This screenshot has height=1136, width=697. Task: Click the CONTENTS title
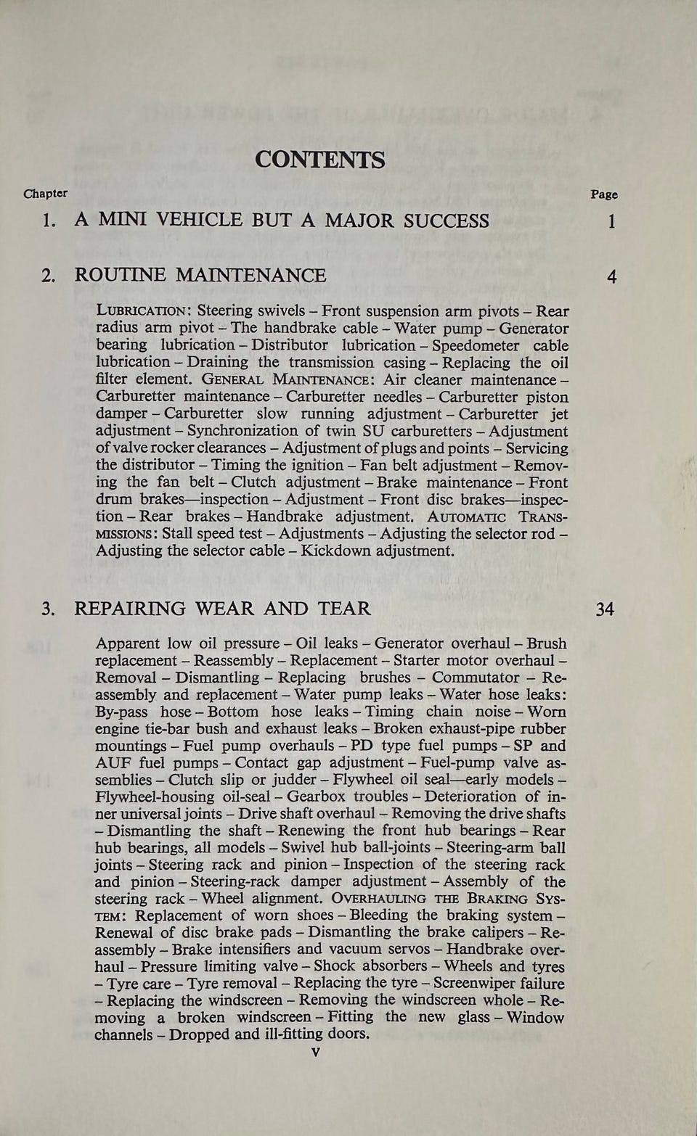319,160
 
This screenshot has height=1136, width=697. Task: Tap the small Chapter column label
45,194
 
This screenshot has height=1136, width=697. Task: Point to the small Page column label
604,194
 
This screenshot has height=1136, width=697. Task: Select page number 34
605,609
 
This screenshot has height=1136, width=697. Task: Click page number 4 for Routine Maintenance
612,276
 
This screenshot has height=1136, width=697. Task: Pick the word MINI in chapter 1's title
121,221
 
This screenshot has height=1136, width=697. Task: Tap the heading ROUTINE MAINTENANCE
200,276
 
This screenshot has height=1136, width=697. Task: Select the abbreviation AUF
114,763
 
